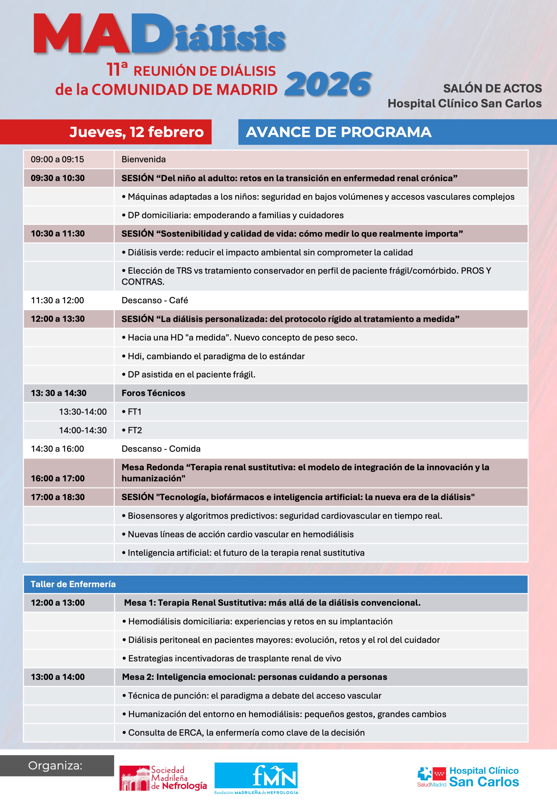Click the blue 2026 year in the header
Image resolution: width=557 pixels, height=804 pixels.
click(x=328, y=84)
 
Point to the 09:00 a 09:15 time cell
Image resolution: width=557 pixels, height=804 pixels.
click(x=57, y=159)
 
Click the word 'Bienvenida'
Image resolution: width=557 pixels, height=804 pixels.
click(x=143, y=159)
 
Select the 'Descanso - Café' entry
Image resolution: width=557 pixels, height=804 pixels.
click(x=155, y=300)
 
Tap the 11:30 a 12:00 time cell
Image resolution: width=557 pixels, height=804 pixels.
click(x=57, y=300)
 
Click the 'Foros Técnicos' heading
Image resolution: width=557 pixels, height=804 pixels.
click(x=153, y=393)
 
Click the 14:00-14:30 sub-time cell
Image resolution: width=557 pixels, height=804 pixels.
click(x=83, y=430)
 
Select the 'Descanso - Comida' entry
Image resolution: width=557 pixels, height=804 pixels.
click(x=161, y=449)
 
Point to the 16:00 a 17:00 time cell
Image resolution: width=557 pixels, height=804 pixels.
click(x=57, y=478)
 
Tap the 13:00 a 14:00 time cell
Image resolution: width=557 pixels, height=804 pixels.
click(x=57, y=677)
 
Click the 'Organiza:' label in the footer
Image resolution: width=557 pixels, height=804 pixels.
click(x=55, y=766)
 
